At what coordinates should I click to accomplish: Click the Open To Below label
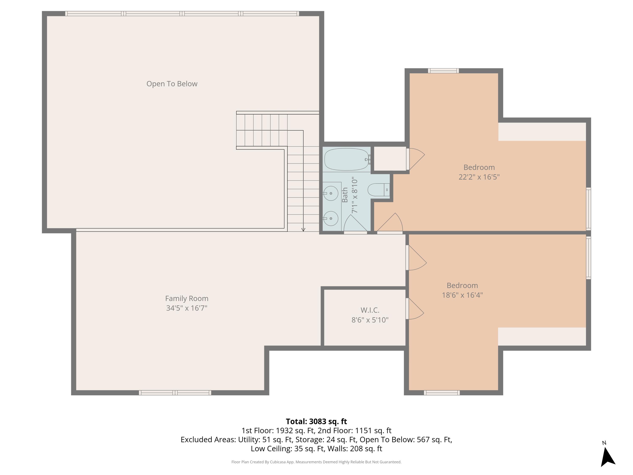[172, 84]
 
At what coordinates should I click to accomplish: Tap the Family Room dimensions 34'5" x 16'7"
[187, 308]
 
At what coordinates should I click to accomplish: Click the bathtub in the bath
[346, 159]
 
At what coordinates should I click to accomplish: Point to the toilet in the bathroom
[378, 190]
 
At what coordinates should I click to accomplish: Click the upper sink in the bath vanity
[331, 193]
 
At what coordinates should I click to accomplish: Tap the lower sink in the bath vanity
[331, 218]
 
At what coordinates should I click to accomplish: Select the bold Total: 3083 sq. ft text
[316, 421]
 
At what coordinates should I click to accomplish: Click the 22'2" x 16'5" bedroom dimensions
[479, 177]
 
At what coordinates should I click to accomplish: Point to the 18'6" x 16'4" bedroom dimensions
[462, 295]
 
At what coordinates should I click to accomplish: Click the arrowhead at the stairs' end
[303, 230]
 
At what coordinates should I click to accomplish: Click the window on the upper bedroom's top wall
[443, 71]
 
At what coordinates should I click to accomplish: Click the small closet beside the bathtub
[390, 158]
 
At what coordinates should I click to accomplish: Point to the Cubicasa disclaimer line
[316, 462]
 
